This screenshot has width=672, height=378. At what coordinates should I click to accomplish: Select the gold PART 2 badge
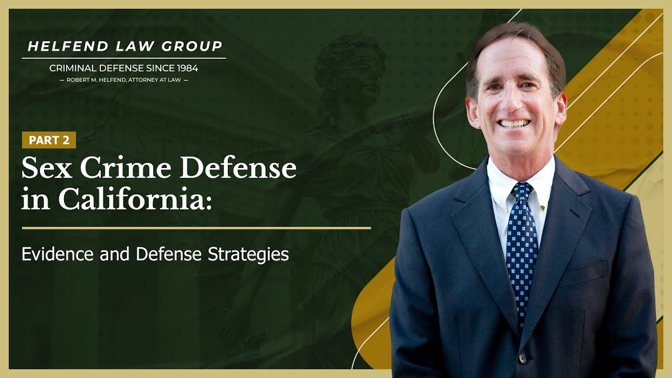click(49, 140)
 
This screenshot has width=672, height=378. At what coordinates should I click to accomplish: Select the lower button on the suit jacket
click(522, 358)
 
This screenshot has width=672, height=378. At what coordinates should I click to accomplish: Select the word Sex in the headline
click(45, 168)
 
